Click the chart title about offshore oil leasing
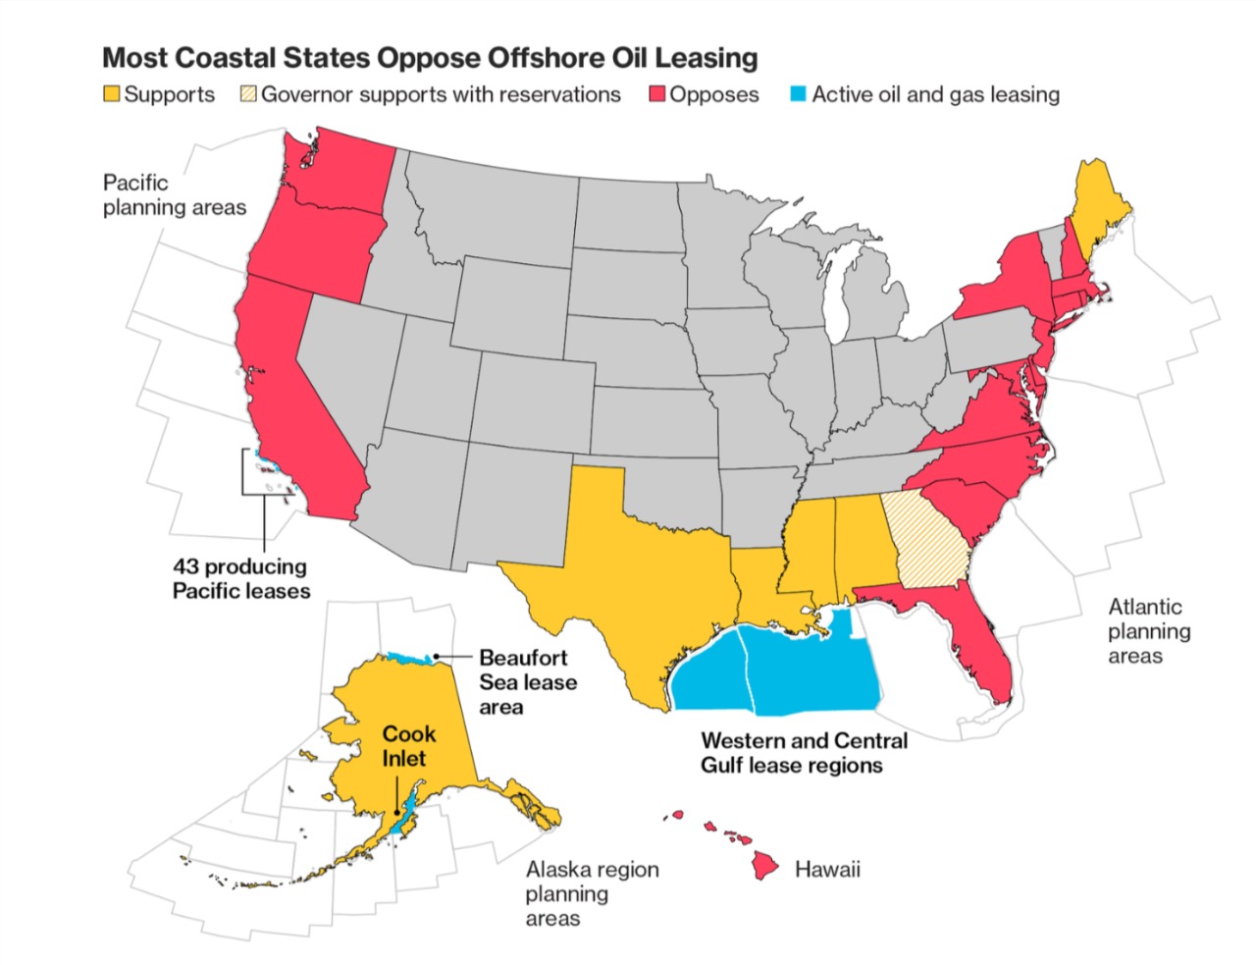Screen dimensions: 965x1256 (x=430, y=58)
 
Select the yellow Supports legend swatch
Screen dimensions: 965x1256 (x=113, y=94)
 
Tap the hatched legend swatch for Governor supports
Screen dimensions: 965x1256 (x=248, y=94)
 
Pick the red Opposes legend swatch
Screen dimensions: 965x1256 (x=657, y=94)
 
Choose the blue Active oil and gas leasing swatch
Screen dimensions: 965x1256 (x=799, y=94)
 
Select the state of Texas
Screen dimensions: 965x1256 (x=628, y=579)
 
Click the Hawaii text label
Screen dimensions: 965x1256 (x=827, y=869)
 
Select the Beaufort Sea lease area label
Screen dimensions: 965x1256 (x=527, y=682)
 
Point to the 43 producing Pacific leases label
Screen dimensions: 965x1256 (x=240, y=578)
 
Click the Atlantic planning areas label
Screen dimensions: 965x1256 (x=1148, y=631)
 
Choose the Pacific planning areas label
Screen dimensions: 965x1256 (x=174, y=194)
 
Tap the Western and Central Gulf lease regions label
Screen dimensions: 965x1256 (x=804, y=753)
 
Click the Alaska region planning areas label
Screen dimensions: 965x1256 (x=592, y=893)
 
